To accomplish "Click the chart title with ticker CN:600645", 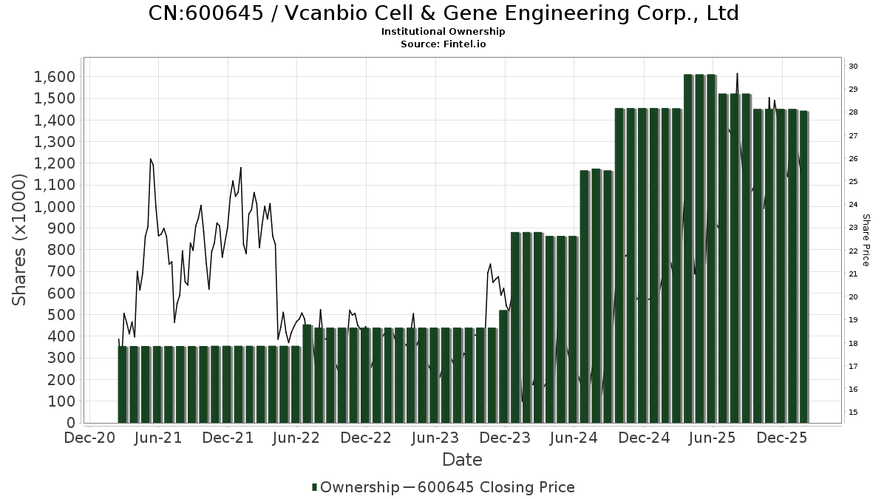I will [443, 13].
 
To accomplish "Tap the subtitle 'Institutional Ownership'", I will [443, 32].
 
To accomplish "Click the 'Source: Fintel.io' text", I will [443, 44].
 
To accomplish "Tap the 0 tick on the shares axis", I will [71, 423].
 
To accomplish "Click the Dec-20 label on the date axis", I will [89, 438].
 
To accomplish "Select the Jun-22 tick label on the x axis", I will [296, 438].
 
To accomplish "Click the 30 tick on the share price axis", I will [853, 67].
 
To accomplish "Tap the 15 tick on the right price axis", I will [853, 413].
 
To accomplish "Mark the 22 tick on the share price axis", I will [853, 251].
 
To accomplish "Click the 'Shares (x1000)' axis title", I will [19, 239].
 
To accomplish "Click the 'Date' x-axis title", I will [462, 460].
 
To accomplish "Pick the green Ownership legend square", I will [315, 487].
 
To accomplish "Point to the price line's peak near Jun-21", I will [150, 159].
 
